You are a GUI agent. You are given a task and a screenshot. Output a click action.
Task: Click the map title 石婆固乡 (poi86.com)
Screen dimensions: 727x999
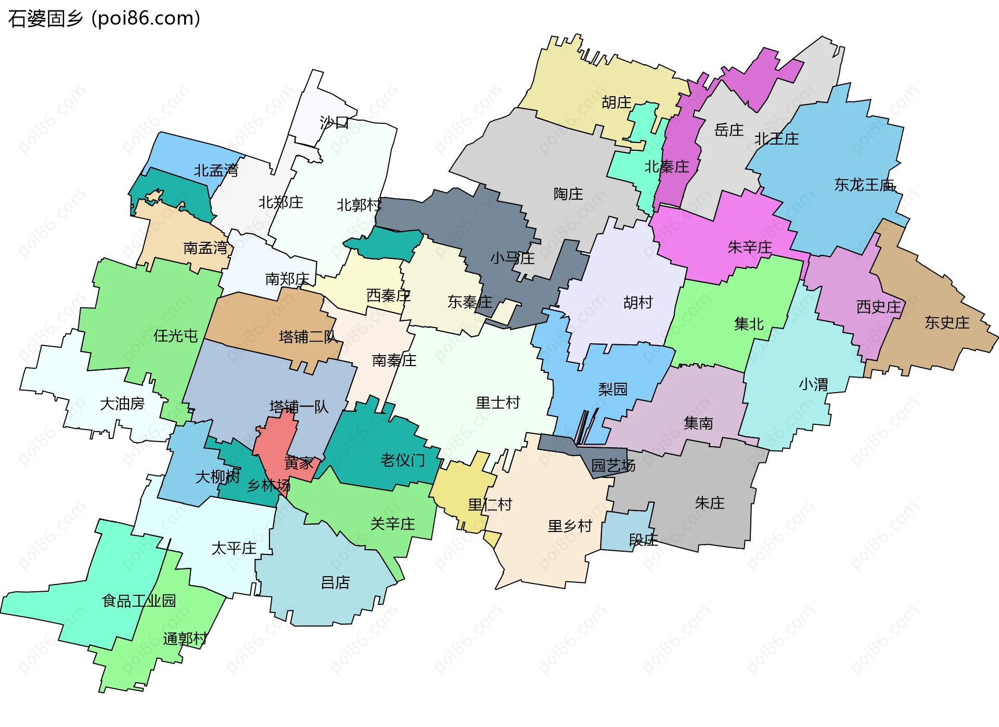[104, 19]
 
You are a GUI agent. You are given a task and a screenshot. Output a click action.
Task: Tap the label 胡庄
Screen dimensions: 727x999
[617, 102]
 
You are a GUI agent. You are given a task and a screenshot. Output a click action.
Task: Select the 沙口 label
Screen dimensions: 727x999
[334, 123]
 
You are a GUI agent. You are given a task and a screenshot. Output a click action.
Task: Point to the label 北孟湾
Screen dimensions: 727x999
[216, 171]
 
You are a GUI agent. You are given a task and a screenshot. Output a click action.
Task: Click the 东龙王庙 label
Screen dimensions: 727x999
[864, 185]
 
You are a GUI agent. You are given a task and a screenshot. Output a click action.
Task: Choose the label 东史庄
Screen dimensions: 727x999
[947, 323]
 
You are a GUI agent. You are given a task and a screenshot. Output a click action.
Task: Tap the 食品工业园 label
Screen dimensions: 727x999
[139, 601]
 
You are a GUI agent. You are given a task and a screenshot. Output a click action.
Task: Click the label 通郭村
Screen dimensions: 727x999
[185, 639]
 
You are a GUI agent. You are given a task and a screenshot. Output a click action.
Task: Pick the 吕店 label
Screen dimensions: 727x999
[335, 582]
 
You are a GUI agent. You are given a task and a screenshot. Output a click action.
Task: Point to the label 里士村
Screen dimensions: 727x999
[498, 403]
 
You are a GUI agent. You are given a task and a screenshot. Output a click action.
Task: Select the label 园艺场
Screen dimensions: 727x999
[613, 465]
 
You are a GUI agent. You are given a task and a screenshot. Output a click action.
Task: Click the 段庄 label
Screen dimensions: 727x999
[644, 540]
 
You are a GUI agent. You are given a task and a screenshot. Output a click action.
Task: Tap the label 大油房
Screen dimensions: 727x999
[122, 404]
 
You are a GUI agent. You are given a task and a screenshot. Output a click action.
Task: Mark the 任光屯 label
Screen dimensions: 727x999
[175, 336]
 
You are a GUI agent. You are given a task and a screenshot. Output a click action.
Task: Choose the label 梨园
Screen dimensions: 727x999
[613, 389]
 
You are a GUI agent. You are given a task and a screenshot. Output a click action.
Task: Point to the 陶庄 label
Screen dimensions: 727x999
[568, 194]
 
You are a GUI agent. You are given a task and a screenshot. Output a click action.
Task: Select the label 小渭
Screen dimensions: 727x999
[813, 385]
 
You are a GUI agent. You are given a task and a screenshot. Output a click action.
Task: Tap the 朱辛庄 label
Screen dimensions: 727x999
[750, 247]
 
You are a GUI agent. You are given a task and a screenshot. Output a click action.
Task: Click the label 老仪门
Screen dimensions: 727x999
[403, 460]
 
